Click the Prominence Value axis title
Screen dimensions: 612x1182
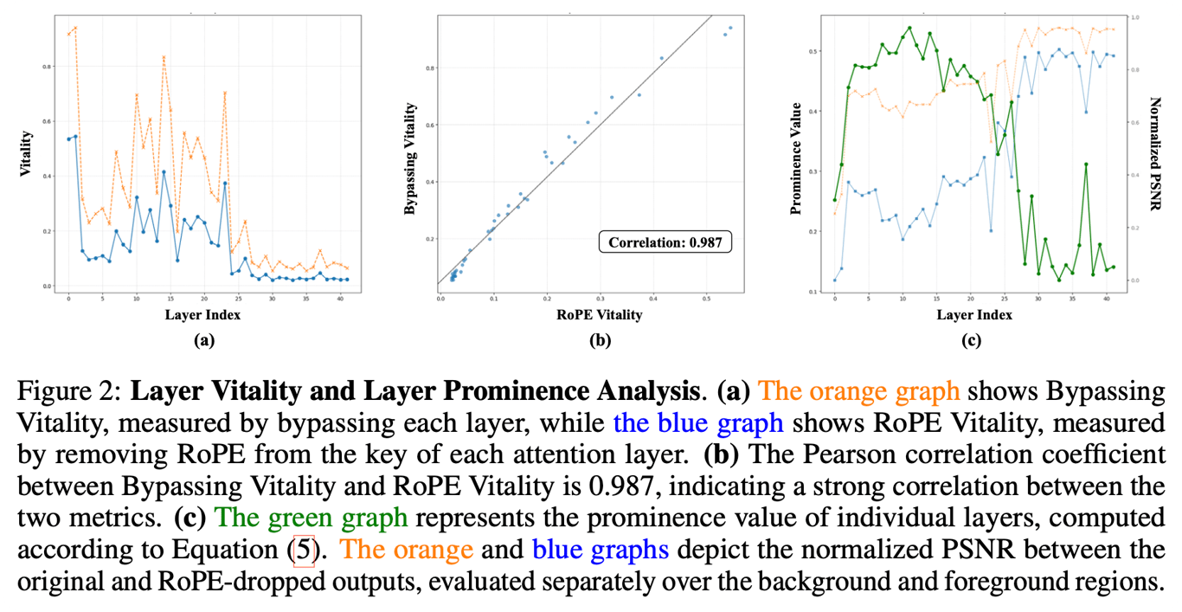coord(795,153)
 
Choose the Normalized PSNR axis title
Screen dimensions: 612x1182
coord(1154,153)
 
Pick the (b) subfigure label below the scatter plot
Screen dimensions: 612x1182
coord(599,340)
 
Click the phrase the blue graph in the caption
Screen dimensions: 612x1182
coord(698,423)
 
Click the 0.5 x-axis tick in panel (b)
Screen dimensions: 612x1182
coord(707,300)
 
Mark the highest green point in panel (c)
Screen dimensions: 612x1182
coord(909,27)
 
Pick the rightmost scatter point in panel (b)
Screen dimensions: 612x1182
coord(730,27)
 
